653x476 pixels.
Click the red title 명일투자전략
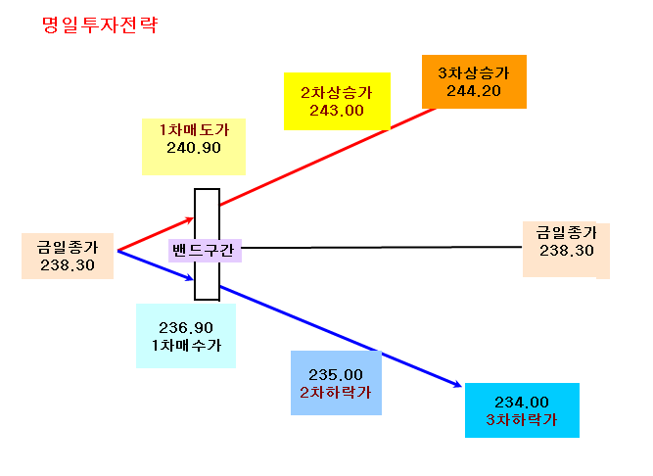(x=100, y=25)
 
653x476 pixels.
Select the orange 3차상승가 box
(x=474, y=81)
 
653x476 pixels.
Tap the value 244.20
(x=474, y=91)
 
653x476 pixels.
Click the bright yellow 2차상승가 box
(x=337, y=101)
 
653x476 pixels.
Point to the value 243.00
(x=337, y=111)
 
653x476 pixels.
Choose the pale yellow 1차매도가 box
(x=194, y=147)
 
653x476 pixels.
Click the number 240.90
(x=194, y=148)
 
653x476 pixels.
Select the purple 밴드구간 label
(x=205, y=251)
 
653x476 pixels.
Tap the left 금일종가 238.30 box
(x=68, y=256)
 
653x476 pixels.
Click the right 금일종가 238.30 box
(x=566, y=250)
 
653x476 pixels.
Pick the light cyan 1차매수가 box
(x=186, y=336)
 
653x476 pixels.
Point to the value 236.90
(x=186, y=328)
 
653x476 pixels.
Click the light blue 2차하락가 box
(x=336, y=383)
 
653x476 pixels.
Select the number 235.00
(x=336, y=375)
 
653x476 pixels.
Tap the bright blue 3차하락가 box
(x=522, y=410)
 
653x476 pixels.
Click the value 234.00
(x=522, y=403)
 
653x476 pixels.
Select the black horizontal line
(x=382, y=248)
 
